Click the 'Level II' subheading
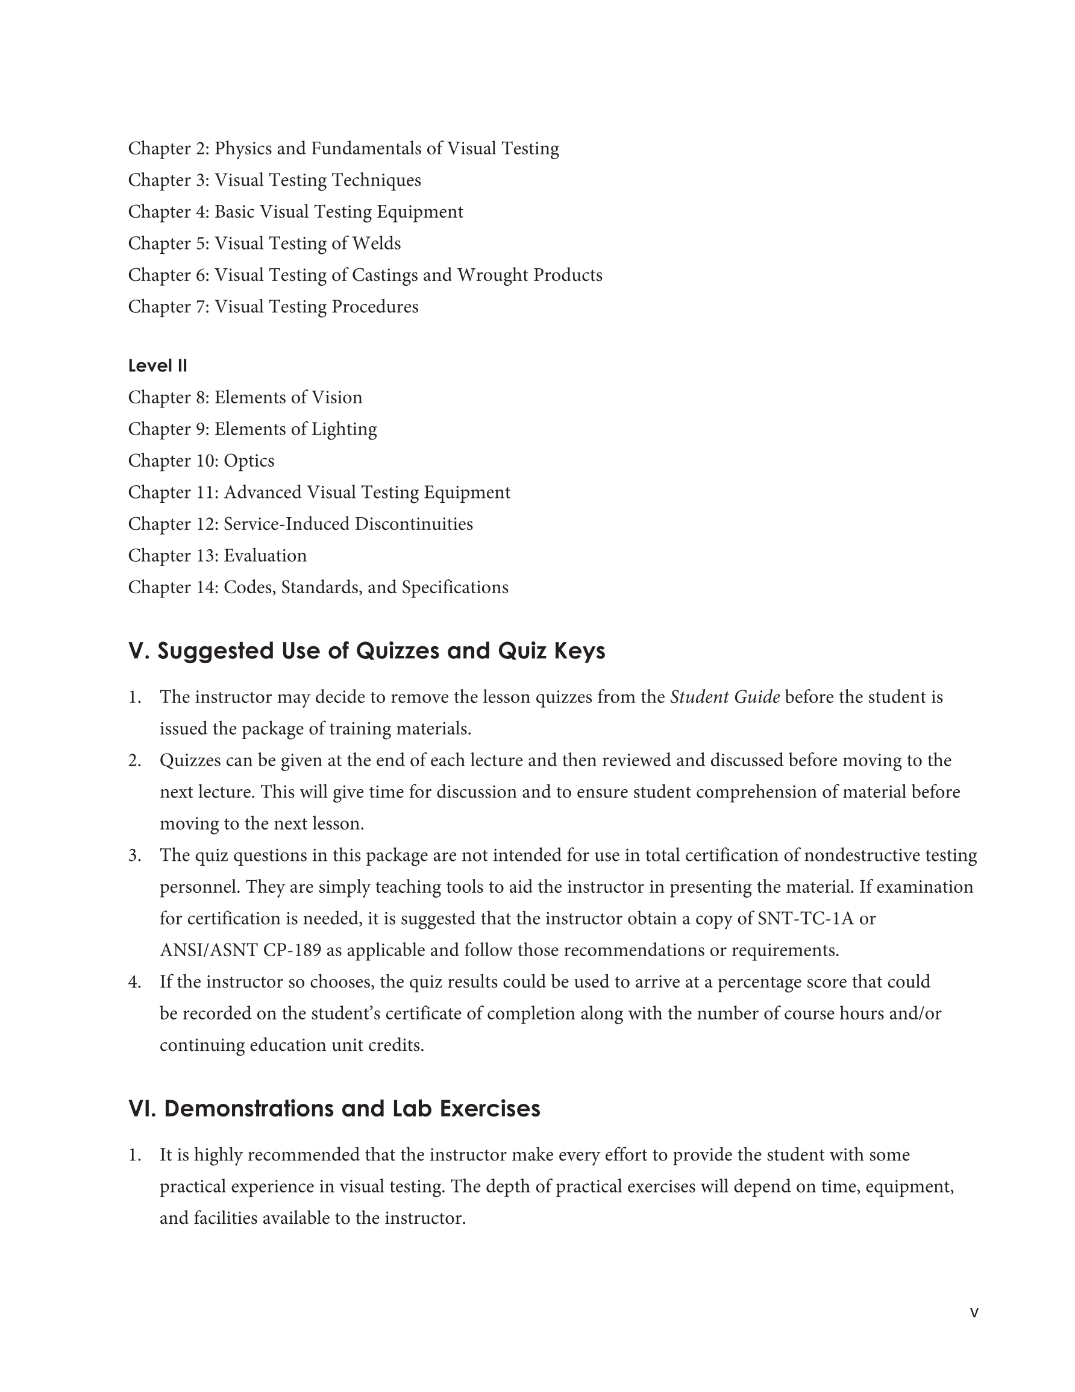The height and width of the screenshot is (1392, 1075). click(157, 366)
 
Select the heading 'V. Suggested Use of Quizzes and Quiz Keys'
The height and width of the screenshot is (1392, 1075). click(366, 650)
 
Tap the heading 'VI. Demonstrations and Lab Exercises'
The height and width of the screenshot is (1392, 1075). click(334, 1109)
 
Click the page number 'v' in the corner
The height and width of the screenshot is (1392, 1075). click(974, 1312)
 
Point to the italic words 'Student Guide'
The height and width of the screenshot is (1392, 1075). click(724, 698)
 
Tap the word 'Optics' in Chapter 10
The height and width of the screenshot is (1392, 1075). click(248, 461)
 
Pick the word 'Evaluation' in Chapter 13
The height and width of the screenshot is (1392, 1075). click(265, 556)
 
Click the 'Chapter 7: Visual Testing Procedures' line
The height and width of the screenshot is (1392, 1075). click(274, 307)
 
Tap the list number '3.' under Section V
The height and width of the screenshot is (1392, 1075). click(134, 855)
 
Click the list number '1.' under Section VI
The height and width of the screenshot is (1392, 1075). click(134, 1155)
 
